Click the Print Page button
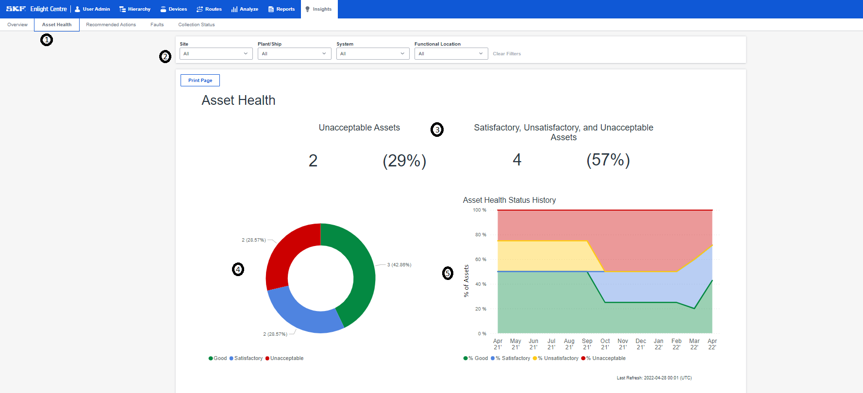click(x=200, y=81)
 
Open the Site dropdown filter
click(x=216, y=54)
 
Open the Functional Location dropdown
click(x=451, y=54)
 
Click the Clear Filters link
click(x=507, y=54)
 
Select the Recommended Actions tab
click(x=111, y=25)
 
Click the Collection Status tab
click(x=196, y=25)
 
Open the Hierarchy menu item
click(x=135, y=9)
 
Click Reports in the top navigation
click(x=282, y=9)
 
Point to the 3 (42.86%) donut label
click(x=399, y=265)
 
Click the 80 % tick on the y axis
click(x=481, y=235)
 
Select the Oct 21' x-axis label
click(x=605, y=344)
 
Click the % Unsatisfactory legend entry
click(x=558, y=359)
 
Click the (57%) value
click(x=608, y=160)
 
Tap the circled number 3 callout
click(x=437, y=130)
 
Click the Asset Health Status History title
click(x=509, y=200)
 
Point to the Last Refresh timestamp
click(x=654, y=378)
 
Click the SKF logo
click(x=16, y=9)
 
